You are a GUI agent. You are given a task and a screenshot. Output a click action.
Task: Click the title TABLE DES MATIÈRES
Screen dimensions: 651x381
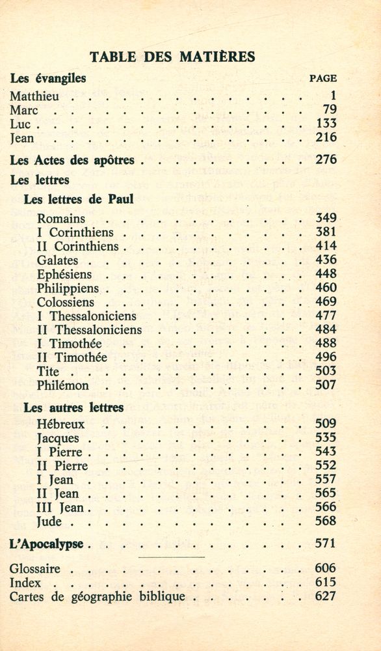coord(172,57)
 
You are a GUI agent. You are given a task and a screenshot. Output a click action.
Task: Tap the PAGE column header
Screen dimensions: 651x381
coord(322,78)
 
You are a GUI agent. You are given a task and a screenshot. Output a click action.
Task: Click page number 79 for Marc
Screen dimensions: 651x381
coord(329,110)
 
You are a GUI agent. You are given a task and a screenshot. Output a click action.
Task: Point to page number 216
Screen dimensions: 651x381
coord(326,137)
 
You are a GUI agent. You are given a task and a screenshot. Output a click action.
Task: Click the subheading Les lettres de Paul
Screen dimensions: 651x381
coord(78,199)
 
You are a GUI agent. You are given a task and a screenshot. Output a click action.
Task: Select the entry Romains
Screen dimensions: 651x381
coord(61,219)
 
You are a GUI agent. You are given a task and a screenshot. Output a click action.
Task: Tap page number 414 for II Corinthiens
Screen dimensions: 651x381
coord(326,246)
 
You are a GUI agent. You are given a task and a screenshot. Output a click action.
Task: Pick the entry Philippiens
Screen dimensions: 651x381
coord(68,288)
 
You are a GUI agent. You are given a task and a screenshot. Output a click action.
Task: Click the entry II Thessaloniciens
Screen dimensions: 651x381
coord(89,329)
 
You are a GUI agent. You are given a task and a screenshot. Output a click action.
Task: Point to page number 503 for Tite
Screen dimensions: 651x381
coord(326,371)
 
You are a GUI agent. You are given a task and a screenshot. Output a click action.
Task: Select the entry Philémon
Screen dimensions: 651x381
coord(63,385)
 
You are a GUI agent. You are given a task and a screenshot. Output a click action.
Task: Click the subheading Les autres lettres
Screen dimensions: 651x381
coord(73,408)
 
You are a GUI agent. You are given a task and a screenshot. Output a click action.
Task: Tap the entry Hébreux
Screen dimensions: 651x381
coord(61,424)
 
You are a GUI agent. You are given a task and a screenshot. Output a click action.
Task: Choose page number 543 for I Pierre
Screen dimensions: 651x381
coord(326,451)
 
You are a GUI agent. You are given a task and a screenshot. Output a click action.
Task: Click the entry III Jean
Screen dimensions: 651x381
coord(60,507)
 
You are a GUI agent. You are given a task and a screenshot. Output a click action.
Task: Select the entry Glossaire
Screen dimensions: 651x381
coord(34,569)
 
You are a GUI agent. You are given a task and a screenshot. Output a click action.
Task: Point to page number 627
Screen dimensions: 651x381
coord(326,596)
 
